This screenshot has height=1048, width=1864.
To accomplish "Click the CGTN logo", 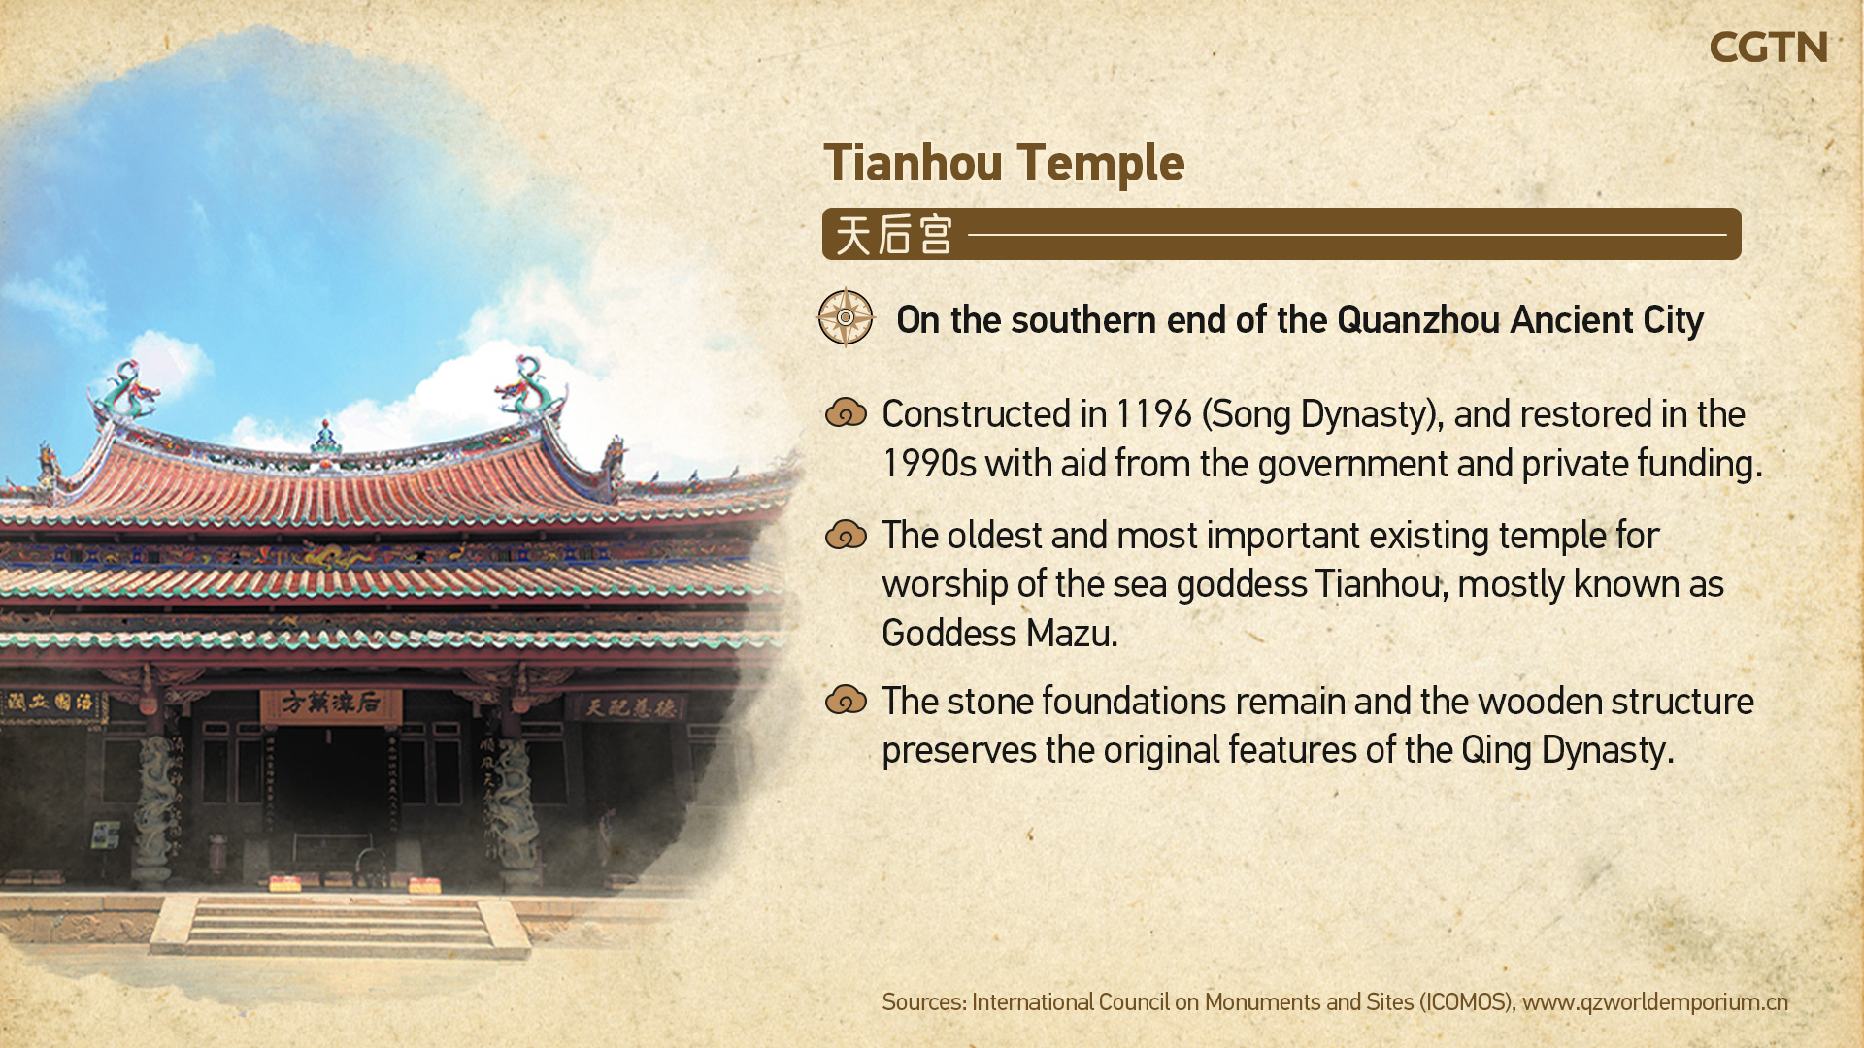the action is pos(1768,47).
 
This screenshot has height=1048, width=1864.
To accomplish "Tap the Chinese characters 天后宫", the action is pos(893,235).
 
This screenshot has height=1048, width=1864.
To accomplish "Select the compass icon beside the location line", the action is pos(846,317).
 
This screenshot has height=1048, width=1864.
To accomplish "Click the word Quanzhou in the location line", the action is pos(1418,320).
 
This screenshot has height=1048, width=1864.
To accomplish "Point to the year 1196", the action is pos(1153,414).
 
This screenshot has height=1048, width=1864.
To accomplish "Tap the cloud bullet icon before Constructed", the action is pos(846,413).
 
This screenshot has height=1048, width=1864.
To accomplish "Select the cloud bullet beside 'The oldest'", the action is pos(846,535).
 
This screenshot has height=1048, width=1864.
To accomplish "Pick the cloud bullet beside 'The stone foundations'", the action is pos(846,700).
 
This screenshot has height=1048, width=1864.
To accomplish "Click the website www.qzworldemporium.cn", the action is pos(1654,1002).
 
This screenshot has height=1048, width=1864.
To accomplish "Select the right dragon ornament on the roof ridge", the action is pos(527,386).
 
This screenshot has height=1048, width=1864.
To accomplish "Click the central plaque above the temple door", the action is pos(330,704).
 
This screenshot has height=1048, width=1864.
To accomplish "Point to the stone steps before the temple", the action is pos(339,926).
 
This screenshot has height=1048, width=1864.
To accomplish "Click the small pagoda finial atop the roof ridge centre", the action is pos(326,439).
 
